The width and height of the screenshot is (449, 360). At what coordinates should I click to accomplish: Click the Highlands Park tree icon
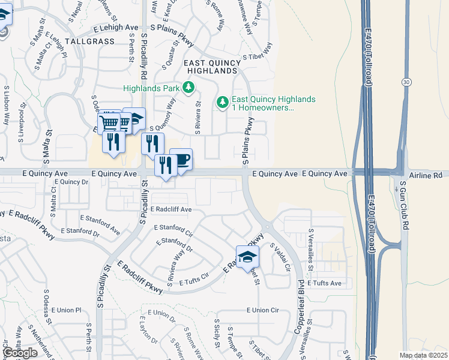[189, 89]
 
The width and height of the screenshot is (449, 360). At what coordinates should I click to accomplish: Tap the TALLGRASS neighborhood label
[89, 41]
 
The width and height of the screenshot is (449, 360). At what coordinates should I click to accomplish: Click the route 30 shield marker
[406, 81]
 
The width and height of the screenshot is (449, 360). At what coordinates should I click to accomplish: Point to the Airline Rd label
[424, 173]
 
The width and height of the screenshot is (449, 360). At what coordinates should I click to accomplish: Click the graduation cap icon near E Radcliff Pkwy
[247, 257]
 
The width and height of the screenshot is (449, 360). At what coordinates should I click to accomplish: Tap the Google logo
[20, 353]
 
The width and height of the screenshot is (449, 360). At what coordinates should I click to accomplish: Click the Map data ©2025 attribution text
[423, 355]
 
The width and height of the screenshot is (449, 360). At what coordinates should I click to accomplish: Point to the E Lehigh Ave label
[115, 28]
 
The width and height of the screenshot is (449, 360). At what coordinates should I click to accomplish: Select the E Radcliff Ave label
[171, 209]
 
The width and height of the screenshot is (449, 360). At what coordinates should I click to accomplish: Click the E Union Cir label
[263, 310]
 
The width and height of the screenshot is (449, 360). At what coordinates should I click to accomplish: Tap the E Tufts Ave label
[324, 283]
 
